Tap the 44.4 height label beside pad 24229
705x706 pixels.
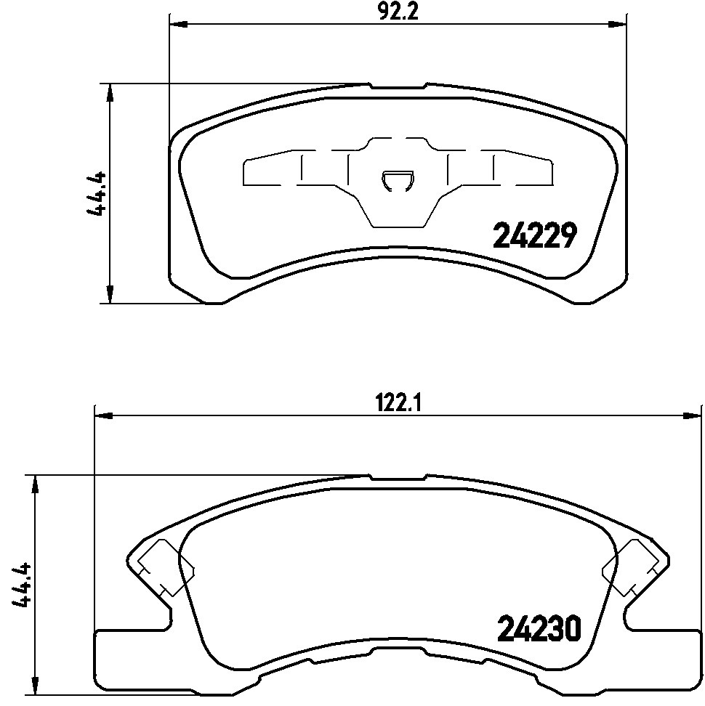(97, 193)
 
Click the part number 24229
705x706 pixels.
(535, 235)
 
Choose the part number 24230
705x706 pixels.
(539, 628)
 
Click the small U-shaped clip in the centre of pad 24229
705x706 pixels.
(398, 182)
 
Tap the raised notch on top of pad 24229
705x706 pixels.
(398, 86)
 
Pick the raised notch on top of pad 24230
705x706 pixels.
(398, 478)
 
